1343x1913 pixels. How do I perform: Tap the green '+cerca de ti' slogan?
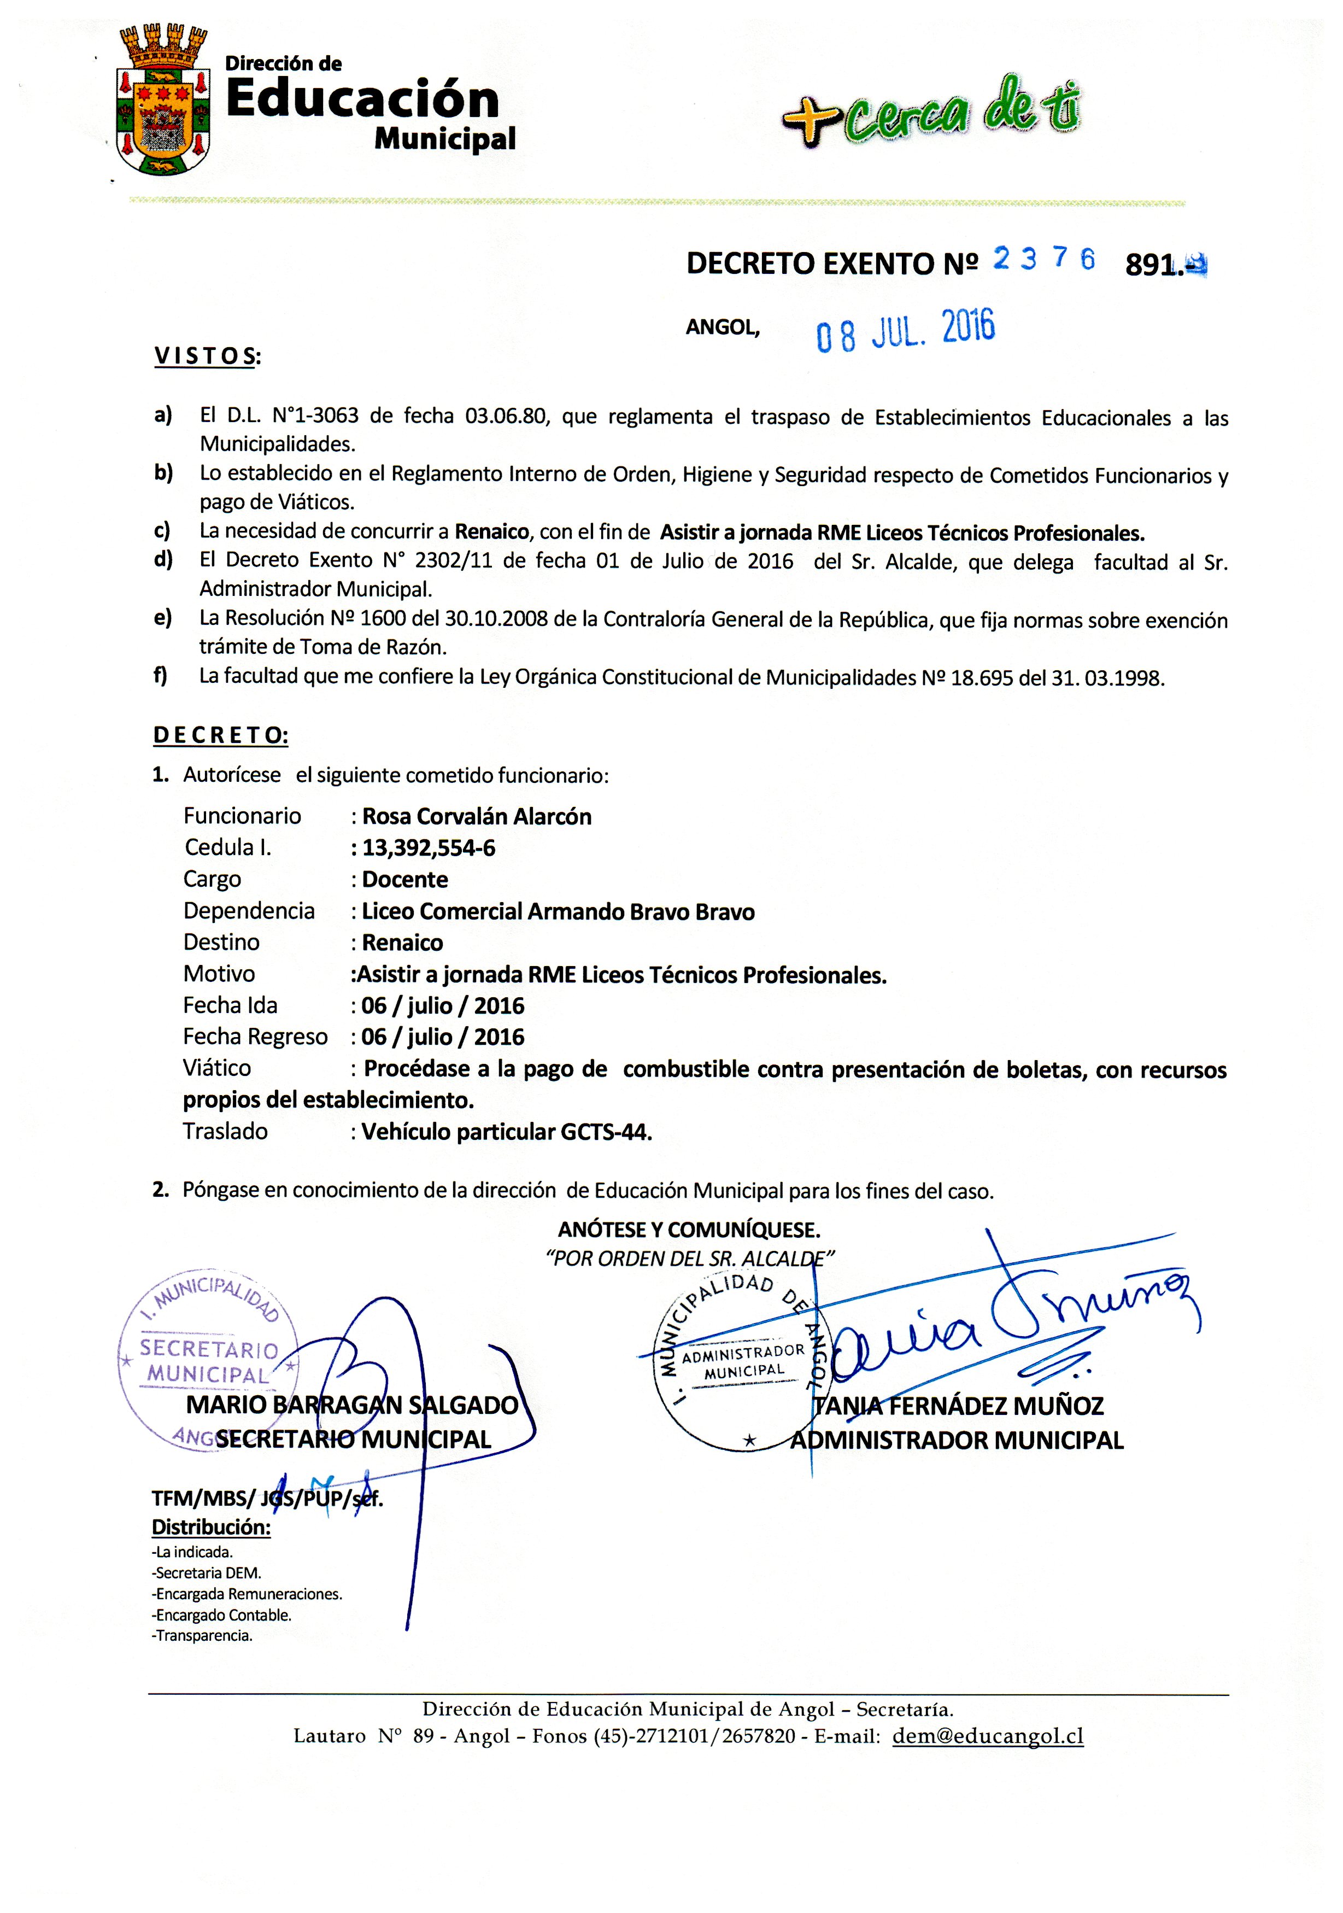click(x=931, y=113)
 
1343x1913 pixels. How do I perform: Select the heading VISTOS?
click(x=207, y=356)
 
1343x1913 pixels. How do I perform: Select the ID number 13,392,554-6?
click(x=428, y=848)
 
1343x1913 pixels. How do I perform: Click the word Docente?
click(x=405, y=880)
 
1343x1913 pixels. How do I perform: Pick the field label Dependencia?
click(x=249, y=911)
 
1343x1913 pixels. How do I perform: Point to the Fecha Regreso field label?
click(x=255, y=1037)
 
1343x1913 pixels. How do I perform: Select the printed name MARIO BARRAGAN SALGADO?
click(x=351, y=1406)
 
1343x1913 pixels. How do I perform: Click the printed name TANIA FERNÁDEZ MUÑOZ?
click(x=958, y=1406)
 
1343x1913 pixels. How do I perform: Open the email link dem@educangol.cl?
click(x=987, y=1736)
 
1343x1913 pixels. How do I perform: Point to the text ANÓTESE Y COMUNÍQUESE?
click(x=689, y=1229)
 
